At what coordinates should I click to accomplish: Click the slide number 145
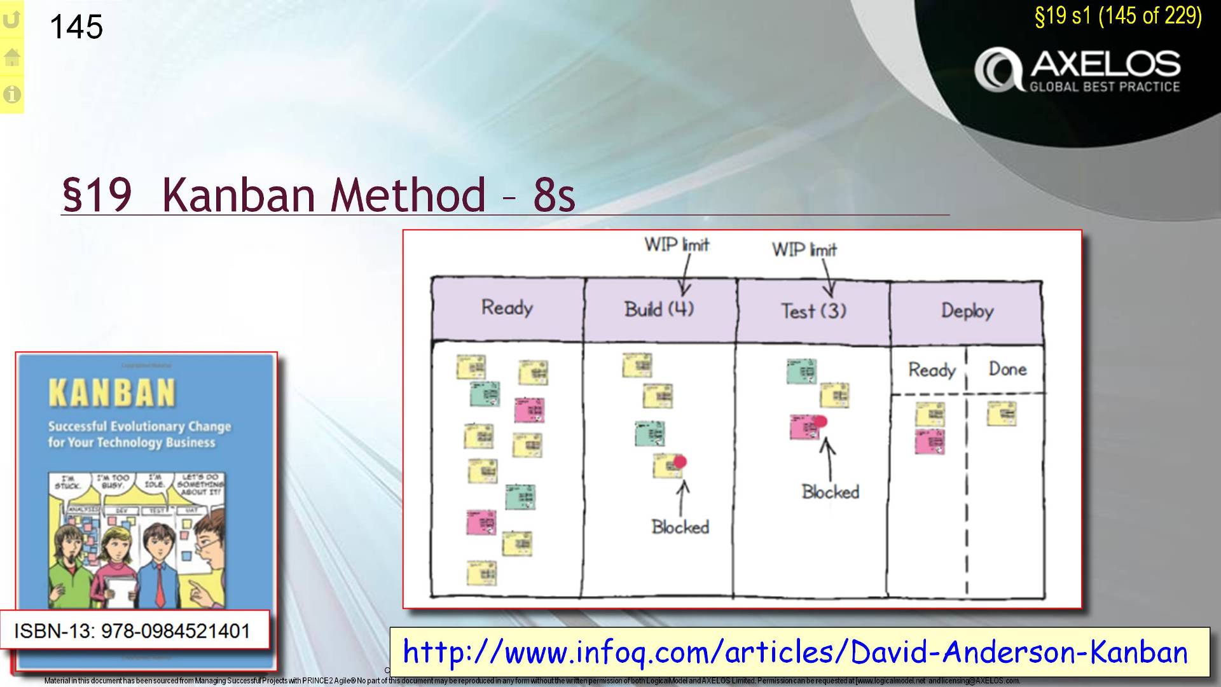coord(76,27)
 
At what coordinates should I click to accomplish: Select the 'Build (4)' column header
coord(659,310)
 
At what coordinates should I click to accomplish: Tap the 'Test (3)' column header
coord(813,311)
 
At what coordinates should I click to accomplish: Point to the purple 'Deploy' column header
coord(967,311)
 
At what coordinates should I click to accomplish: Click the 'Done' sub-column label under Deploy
coord(1007,370)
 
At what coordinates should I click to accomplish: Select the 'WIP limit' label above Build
coord(677,245)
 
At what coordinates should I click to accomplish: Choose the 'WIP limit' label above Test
coord(804,249)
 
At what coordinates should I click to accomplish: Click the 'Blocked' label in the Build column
coord(680,527)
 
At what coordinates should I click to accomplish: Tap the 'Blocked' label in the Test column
coord(830,492)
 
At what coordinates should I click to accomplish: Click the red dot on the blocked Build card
coord(680,462)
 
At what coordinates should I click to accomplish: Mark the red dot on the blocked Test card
coord(820,421)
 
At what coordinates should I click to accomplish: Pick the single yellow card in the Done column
coord(1002,413)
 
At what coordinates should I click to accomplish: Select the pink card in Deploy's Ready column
coord(930,441)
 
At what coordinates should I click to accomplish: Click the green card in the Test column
coord(801,371)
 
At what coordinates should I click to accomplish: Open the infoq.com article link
coord(796,653)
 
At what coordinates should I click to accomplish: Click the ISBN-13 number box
coord(132,631)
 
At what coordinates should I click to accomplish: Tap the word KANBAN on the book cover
coord(112,393)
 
